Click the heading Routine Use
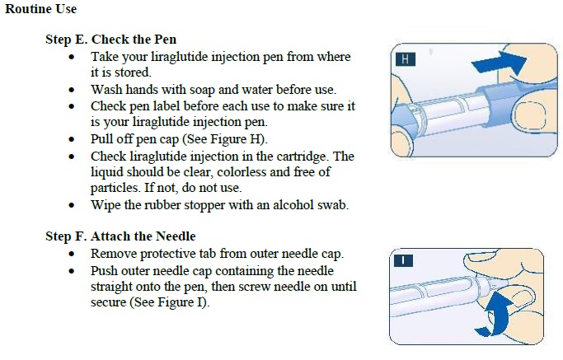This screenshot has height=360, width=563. point(41,9)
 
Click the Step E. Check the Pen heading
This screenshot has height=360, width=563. point(111,39)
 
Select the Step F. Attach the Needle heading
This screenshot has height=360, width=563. point(120,236)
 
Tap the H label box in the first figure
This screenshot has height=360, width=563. point(406,59)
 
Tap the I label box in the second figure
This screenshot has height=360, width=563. point(403,260)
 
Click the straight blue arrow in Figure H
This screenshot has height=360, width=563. point(499,63)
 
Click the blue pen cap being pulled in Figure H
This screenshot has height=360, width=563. point(503,104)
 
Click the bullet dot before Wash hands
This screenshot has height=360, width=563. point(72,90)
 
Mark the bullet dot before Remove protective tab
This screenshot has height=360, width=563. point(72,254)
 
